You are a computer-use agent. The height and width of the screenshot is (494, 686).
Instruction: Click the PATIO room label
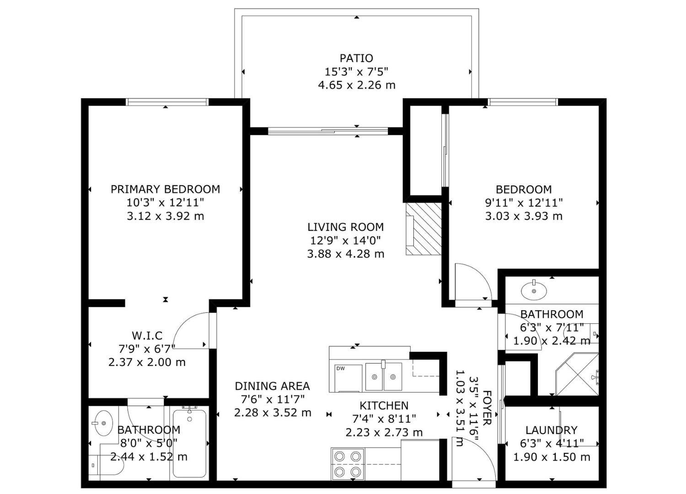coord(356,58)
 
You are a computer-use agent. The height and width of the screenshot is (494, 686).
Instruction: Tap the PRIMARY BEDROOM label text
coord(165,189)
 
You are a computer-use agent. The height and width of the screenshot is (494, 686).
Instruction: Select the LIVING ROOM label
coord(345,227)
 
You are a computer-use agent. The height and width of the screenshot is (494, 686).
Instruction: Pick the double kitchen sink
coord(383,376)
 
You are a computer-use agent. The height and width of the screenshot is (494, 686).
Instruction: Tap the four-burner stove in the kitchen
coord(348,463)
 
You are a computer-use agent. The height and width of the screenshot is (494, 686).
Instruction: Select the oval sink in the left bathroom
coord(103,423)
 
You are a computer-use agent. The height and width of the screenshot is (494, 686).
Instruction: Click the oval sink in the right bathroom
coord(533,290)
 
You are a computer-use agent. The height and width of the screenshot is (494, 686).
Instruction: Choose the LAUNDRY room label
coord(551,430)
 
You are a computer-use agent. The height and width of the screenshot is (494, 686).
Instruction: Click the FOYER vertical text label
coord(487,414)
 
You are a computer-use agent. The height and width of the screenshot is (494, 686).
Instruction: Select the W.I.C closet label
coord(147,336)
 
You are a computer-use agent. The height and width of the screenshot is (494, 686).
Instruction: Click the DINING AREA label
coord(272,386)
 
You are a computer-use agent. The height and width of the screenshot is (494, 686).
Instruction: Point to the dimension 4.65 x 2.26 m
coord(356,85)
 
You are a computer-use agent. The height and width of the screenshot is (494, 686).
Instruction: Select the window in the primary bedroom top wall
coord(167,102)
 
